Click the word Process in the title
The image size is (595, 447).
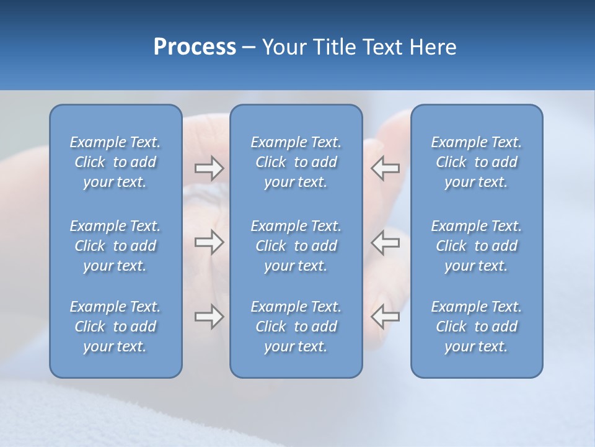click(195, 47)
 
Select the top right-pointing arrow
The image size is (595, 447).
click(209, 168)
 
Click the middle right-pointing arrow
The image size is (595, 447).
click(209, 243)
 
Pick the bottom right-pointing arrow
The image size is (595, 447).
click(209, 317)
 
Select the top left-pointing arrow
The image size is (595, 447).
click(385, 168)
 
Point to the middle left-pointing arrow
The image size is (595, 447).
click(385, 243)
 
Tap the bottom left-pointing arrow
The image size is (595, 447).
click(385, 317)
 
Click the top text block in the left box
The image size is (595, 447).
click(115, 162)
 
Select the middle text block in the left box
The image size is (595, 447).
click(115, 246)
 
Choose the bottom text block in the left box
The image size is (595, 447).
click(115, 327)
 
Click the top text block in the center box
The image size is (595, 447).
click(296, 162)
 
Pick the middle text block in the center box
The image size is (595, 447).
click(296, 246)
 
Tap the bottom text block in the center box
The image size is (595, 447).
click(296, 327)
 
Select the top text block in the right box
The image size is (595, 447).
click(476, 162)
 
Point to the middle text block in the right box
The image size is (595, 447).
click(476, 246)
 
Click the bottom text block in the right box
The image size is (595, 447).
click(476, 327)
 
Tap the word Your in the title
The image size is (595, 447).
click(283, 47)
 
